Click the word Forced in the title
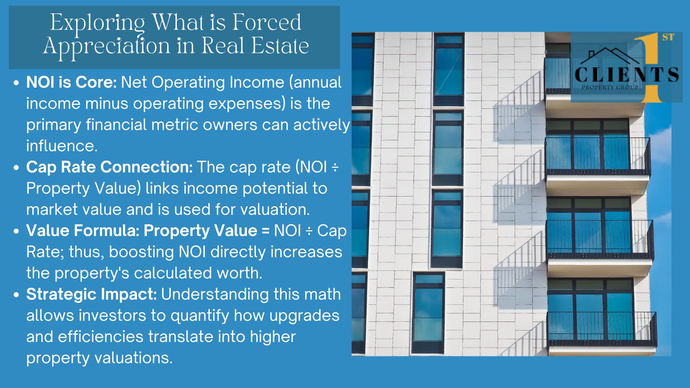(x=266, y=22)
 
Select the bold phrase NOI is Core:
(x=72, y=82)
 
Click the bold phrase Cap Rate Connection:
(x=110, y=167)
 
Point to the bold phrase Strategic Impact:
(x=92, y=295)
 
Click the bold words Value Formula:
(x=83, y=231)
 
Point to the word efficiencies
(x=101, y=337)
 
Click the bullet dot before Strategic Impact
(x=16, y=295)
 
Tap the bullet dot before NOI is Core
(x=16, y=83)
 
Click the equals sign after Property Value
(x=266, y=231)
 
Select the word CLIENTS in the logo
(x=627, y=75)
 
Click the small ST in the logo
(x=668, y=37)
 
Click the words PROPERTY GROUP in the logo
(x=610, y=87)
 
